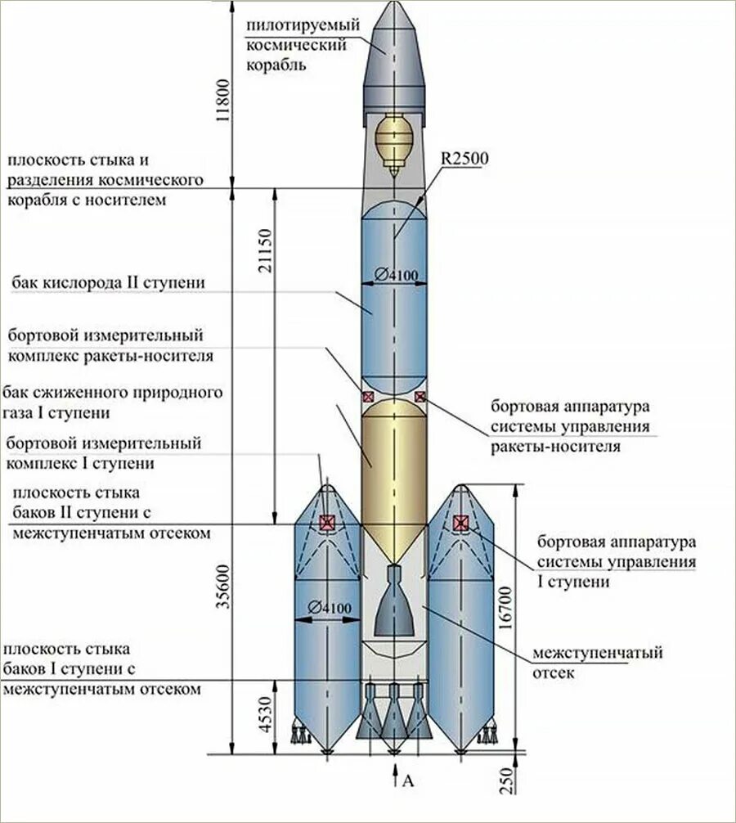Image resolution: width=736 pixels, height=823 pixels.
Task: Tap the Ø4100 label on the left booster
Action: point(330,608)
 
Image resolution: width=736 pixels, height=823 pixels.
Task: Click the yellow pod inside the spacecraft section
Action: point(394,139)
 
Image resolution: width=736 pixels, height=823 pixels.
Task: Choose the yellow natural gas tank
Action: point(393,466)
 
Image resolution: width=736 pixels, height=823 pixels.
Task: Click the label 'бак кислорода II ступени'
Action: point(108,283)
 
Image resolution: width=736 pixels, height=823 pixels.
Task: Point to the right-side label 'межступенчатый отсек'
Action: point(597,663)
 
